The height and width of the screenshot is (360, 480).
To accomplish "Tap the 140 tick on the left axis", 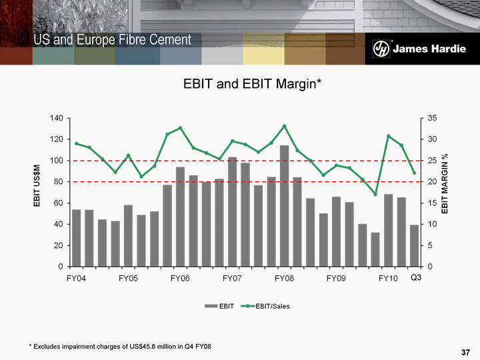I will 55,118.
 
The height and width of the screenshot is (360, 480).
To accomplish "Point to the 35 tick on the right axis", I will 432,118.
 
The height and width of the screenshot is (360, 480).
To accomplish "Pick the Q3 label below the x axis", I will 415,277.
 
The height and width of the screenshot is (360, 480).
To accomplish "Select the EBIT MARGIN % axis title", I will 445,184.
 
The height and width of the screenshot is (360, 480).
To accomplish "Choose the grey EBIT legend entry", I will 221,306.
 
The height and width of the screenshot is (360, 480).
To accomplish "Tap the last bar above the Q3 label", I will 414,245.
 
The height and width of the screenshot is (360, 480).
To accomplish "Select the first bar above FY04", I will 76,238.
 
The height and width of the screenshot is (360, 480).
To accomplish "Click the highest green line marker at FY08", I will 284,126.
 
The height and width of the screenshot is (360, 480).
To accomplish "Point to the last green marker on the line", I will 414,173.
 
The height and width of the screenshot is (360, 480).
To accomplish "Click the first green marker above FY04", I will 76,143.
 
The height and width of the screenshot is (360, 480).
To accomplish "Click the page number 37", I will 466,352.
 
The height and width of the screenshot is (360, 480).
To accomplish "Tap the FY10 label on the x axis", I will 388,277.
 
